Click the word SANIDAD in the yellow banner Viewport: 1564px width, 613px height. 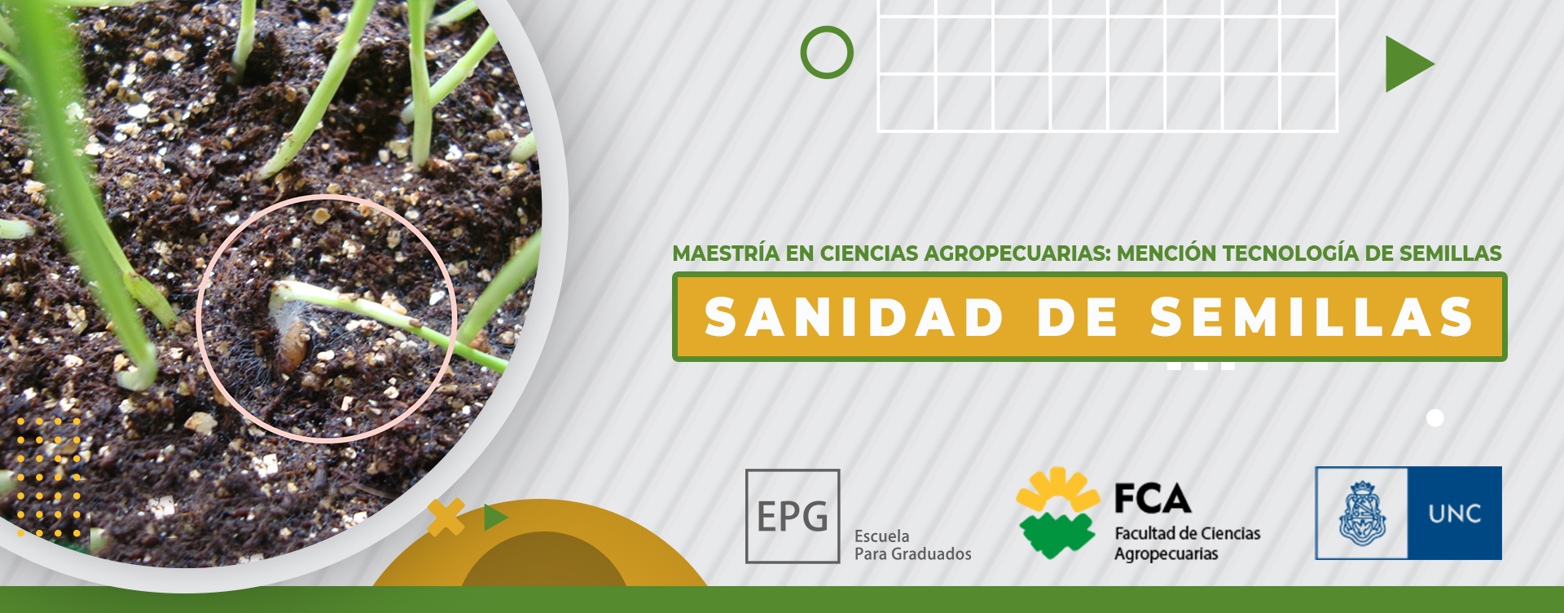tap(854, 317)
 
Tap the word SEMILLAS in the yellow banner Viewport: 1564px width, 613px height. tap(1312, 317)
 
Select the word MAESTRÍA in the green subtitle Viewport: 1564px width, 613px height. tap(726, 254)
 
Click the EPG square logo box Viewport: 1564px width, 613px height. tap(793, 516)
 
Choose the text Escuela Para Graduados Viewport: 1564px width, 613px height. tap(912, 545)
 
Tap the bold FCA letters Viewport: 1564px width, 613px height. tap(1153, 499)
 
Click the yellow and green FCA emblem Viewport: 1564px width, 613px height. tap(1057, 513)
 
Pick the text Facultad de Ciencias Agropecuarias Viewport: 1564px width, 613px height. tap(1187, 544)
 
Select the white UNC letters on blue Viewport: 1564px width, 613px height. tap(1454, 514)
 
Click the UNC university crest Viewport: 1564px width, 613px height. tap(1362, 514)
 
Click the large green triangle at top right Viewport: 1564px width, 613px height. tap(1407, 64)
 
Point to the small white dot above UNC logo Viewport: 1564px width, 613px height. tap(1435, 418)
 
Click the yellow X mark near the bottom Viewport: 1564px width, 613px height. tap(446, 517)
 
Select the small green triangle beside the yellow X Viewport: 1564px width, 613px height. tap(494, 518)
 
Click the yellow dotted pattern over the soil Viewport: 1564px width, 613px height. tap(50, 477)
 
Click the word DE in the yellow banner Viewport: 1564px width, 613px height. tap(1077, 317)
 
